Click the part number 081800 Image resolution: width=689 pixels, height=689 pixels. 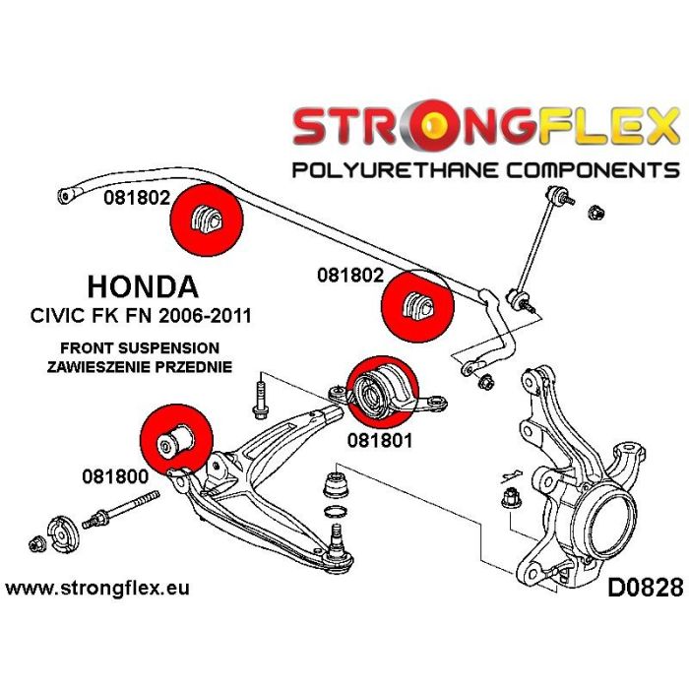[x=114, y=474]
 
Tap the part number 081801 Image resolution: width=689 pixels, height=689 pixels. [x=379, y=442]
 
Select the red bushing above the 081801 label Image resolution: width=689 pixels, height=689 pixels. [x=379, y=389]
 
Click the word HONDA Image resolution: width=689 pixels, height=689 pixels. [x=143, y=286]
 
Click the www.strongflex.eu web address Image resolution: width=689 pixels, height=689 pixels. [x=97, y=590]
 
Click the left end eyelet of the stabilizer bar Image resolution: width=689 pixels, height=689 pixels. [x=66, y=195]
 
